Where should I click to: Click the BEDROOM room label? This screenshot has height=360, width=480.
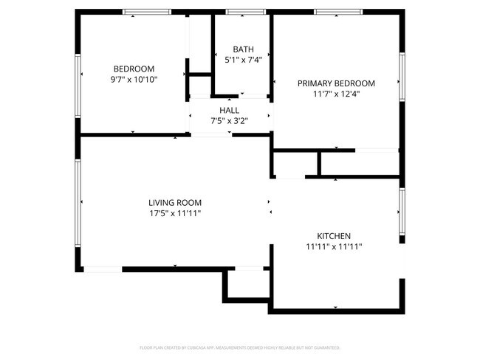134,69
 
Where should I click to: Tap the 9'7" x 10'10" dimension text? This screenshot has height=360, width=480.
134,79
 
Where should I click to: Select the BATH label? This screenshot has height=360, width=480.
243,49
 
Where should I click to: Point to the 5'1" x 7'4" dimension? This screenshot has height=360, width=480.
243,60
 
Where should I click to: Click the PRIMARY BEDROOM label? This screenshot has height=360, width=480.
336,83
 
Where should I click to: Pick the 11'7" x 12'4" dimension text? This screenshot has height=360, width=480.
336,94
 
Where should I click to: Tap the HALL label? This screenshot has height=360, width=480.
229,110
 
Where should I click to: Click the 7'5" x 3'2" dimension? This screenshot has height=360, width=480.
229,120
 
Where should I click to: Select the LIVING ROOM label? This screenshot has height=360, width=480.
175,202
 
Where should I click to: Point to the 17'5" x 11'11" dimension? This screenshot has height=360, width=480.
175,213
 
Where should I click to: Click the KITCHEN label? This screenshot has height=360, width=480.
334,236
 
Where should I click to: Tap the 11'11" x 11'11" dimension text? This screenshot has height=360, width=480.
334,247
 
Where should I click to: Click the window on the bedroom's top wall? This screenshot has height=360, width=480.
147,12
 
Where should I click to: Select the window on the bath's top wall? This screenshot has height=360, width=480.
245,12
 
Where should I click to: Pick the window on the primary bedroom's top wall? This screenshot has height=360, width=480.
338,12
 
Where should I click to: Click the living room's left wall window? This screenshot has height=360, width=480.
77,203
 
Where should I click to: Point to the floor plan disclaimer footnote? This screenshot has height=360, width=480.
239,347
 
